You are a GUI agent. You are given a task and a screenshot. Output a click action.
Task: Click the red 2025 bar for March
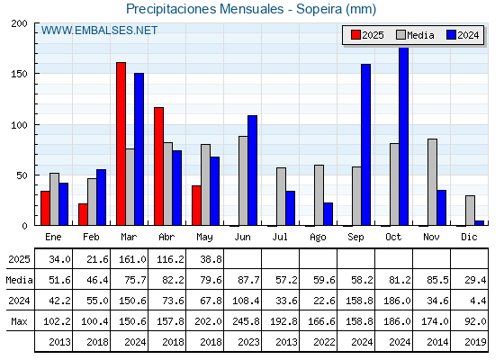click(x=121, y=144)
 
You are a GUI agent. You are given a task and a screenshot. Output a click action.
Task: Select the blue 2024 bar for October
click(x=403, y=136)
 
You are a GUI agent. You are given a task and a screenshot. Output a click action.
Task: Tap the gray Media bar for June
click(x=243, y=181)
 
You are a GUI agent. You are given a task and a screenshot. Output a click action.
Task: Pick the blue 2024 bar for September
click(x=365, y=145)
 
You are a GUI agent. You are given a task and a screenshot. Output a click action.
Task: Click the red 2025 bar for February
click(x=83, y=214)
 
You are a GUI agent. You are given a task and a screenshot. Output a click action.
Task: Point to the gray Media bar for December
click(x=470, y=211)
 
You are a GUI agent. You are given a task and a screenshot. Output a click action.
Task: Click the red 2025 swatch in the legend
click(x=355, y=35)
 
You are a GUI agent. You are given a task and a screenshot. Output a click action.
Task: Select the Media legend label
click(x=420, y=35)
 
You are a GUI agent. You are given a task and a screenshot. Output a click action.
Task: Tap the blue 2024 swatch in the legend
click(x=451, y=35)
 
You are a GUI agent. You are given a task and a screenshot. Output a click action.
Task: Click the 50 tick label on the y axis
click(x=22, y=175)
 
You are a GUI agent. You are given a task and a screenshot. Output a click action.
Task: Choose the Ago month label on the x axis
click(x=318, y=238)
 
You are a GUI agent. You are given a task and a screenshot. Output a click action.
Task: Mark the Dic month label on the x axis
click(x=469, y=237)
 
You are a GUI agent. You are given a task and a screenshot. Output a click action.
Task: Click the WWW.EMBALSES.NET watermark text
click(x=99, y=31)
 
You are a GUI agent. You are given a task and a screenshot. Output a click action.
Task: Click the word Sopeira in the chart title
click(x=319, y=9)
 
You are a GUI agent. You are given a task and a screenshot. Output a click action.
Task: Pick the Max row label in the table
click(x=19, y=321)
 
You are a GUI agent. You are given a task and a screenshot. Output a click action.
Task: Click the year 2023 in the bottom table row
click(x=248, y=342)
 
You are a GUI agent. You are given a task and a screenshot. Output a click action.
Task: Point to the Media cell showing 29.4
click(x=475, y=280)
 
